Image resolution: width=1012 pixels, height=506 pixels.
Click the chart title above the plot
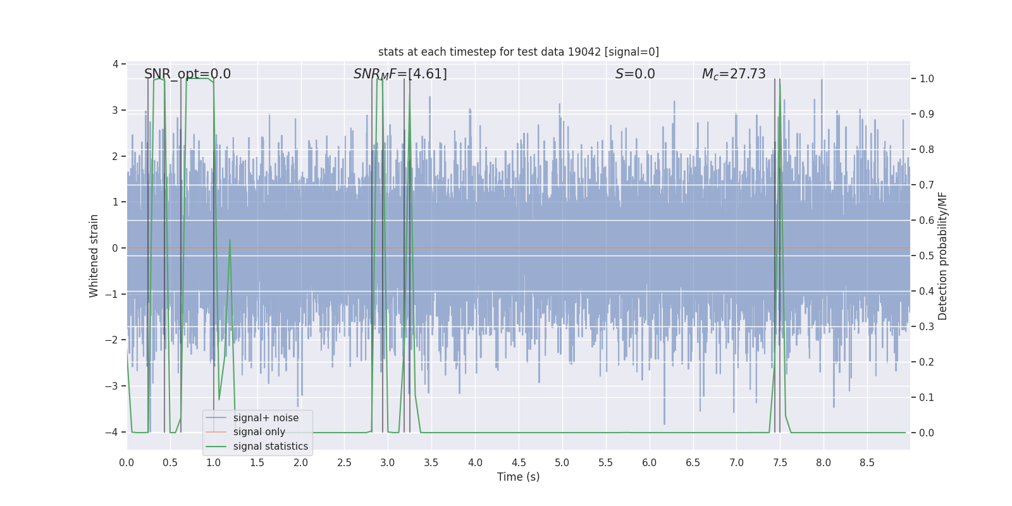point(518,52)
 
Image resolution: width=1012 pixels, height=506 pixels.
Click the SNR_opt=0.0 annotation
point(187,74)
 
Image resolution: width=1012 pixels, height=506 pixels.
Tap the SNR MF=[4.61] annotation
point(400,74)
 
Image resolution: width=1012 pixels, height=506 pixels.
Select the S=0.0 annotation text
point(635,74)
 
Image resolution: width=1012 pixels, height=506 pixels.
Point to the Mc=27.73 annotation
point(734,74)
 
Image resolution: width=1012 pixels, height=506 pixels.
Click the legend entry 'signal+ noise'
point(266,418)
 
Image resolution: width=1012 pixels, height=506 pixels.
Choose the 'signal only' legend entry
point(259,432)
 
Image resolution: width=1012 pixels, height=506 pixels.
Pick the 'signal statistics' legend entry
point(270,447)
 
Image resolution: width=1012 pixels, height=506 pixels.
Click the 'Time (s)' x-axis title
point(518,477)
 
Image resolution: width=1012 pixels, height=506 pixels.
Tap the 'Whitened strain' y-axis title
point(94,256)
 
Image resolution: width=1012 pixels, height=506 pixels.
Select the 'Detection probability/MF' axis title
point(942,256)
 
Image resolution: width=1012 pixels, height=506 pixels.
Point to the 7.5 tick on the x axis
point(780,462)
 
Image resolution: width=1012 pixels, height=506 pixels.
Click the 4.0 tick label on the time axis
point(475,462)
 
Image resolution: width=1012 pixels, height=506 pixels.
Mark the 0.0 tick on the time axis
point(126,462)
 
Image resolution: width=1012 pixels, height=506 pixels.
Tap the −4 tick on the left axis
point(114,433)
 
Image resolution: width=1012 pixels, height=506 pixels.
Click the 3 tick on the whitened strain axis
point(115,110)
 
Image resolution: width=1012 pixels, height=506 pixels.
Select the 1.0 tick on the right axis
point(927,79)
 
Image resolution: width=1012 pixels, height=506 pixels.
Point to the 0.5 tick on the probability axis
point(927,256)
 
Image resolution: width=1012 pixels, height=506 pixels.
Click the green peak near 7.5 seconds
point(780,83)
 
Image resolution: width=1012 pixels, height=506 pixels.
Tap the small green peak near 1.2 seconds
point(230,240)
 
